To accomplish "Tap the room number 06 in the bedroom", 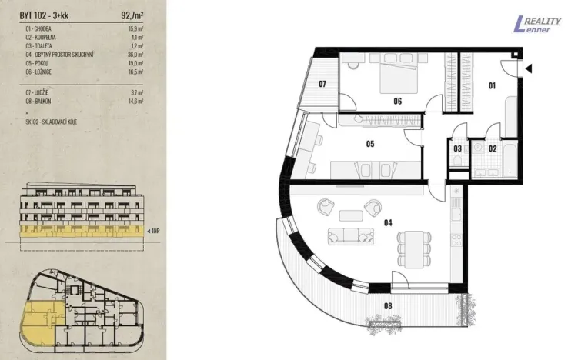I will (398, 101).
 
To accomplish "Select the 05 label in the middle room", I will (369, 143).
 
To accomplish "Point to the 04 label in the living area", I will (388, 223).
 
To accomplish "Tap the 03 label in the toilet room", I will (457, 148).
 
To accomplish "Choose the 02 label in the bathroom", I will (493, 148).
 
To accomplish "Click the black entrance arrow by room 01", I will (530, 68).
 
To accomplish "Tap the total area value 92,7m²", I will (135, 14).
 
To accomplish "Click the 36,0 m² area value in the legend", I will (138, 56).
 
